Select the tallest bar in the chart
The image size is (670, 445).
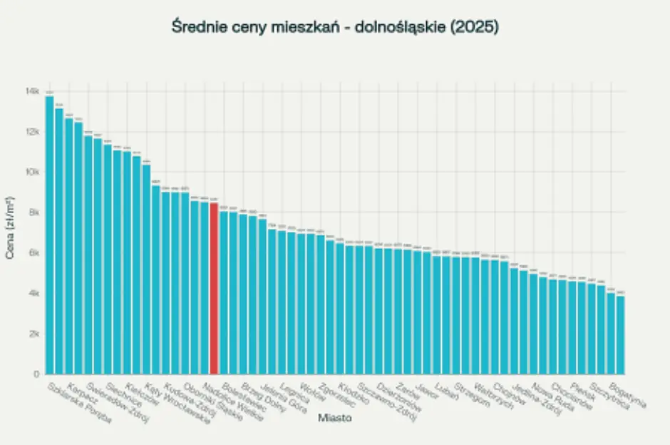49,235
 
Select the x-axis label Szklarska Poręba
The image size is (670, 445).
78,404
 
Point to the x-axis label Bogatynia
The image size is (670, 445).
628,396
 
